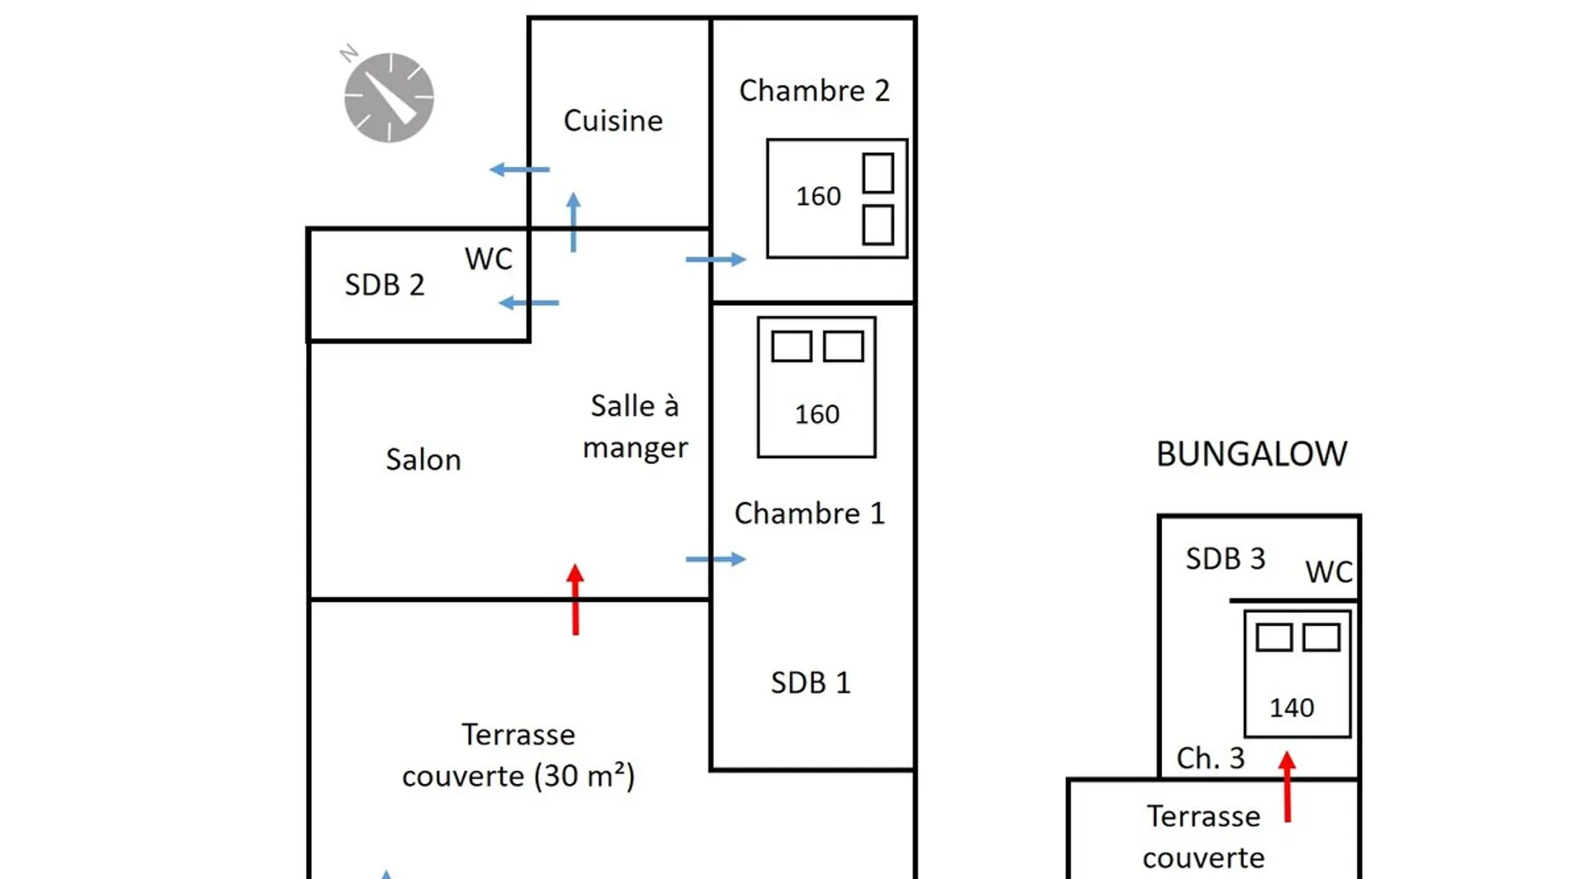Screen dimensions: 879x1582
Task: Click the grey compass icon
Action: point(388,97)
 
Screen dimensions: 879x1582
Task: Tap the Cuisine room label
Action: point(613,120)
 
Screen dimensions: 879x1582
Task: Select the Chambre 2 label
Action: point(814,91)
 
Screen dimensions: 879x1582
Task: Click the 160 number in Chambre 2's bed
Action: point(818,196)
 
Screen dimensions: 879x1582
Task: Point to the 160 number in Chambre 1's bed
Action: point(816,414)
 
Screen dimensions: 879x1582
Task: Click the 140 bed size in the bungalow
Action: point(1291,708)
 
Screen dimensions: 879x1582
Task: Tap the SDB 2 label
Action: point(384,285)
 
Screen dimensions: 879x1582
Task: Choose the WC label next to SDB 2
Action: point(488,258)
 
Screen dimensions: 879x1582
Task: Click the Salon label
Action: point(423,460)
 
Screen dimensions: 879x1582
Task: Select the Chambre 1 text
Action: point(809,513)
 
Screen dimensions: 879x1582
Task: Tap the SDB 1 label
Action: point(810,683)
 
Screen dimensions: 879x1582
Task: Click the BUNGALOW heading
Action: point(1251,454)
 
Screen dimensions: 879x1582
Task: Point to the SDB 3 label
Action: point(1225,559)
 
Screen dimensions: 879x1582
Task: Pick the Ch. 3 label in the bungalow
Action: point(1210,758)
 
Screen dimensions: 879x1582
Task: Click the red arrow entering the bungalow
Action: point(1288,787)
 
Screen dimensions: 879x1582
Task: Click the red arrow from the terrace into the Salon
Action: point(576,599)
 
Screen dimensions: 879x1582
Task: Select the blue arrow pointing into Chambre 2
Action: point(715,259)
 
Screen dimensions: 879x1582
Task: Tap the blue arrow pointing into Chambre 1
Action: point(715,559)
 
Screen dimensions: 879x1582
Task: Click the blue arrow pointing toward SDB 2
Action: point(528,303)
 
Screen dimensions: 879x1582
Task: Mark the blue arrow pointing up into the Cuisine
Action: point(574,222)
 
